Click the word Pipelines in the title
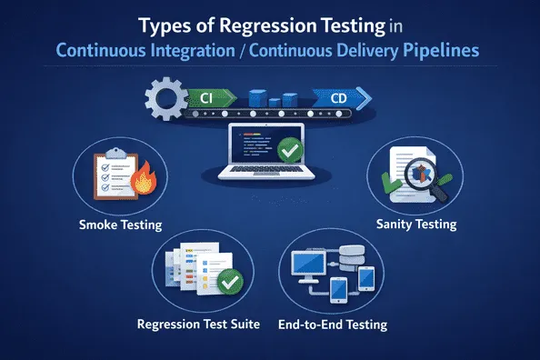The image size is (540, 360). [x=439, y=51]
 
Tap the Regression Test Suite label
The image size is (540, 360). [x=198, y=324]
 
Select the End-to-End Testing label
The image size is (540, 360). [x=335, y=324]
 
